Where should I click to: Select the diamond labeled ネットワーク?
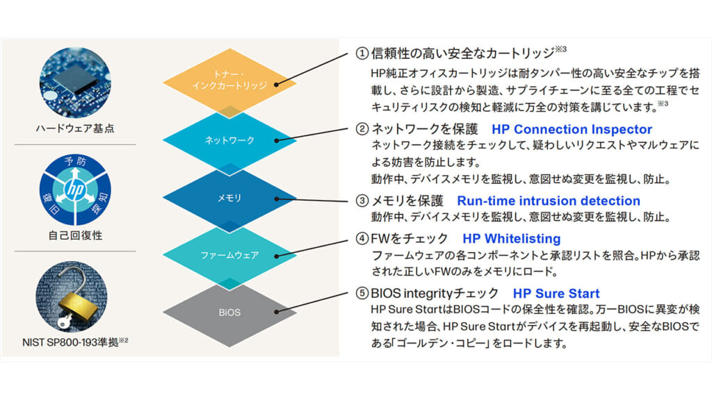coord(229,140)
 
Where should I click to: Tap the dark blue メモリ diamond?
coord(229,198)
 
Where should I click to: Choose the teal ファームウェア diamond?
coord(229,255)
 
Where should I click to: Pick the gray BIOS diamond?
coord(229,312)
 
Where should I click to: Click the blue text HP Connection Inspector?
coord(572,129)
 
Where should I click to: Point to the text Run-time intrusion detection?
coord(548,201)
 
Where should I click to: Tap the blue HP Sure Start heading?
coord(556,293)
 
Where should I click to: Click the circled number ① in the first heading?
coord(362,53)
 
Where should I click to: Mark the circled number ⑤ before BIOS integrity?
coord(362,293)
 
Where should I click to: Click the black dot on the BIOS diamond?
coord(277,312)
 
